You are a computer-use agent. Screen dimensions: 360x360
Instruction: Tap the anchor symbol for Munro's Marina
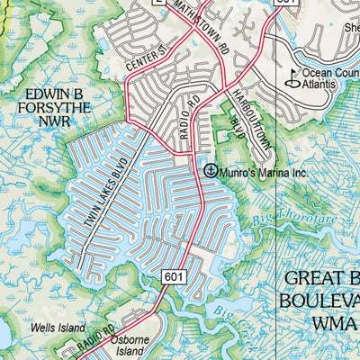[x=211, y=169]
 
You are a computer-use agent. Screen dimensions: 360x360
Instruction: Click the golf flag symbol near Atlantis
[x=292, y=80]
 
